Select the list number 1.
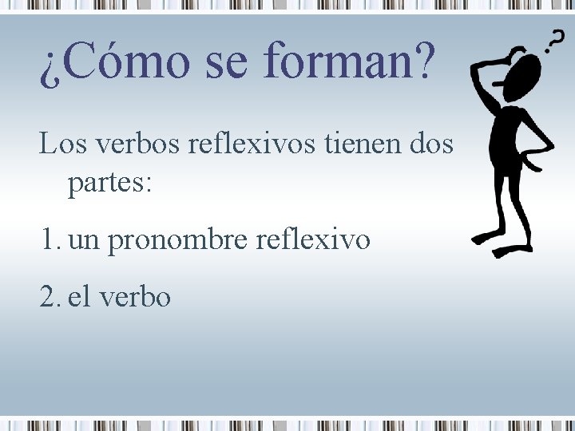(x=49, y=239)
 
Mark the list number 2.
(x=49, y=296)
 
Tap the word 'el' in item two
(x=79, y=296)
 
